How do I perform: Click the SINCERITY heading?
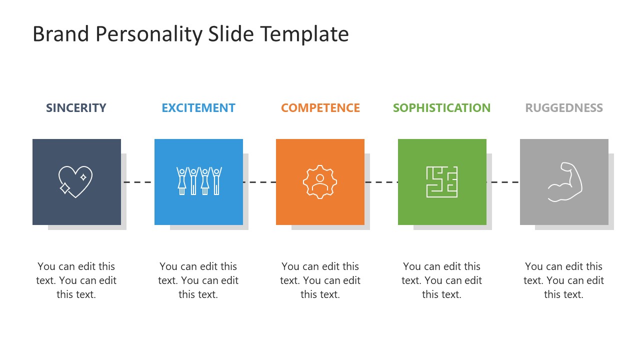click(x=76, y=108)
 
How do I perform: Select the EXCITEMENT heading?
click(x=198, y=108)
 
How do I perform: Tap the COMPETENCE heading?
click(x=320, y=108)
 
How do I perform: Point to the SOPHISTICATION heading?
click(x=441, y=108)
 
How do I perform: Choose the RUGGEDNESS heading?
click(x=564, y=108)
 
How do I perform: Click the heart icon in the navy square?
click(x=75, y=181)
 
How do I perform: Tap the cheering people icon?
click(x=199, y=181)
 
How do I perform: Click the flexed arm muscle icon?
click(x=565, y=182)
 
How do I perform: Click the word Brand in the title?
click(x=60, y=34)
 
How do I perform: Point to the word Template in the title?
click(x=304, y=34)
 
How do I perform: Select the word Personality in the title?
click(x=148, y=34)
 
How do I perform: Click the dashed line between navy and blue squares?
click(x=137, y=182)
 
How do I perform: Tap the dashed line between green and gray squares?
click(x=503, y=182)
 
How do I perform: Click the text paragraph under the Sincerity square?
click(x=76, y=280)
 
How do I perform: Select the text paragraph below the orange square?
click(x=320, y=280)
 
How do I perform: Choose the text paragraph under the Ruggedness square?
click(x=564, y=280)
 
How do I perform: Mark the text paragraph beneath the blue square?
click(x=198, y=280)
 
